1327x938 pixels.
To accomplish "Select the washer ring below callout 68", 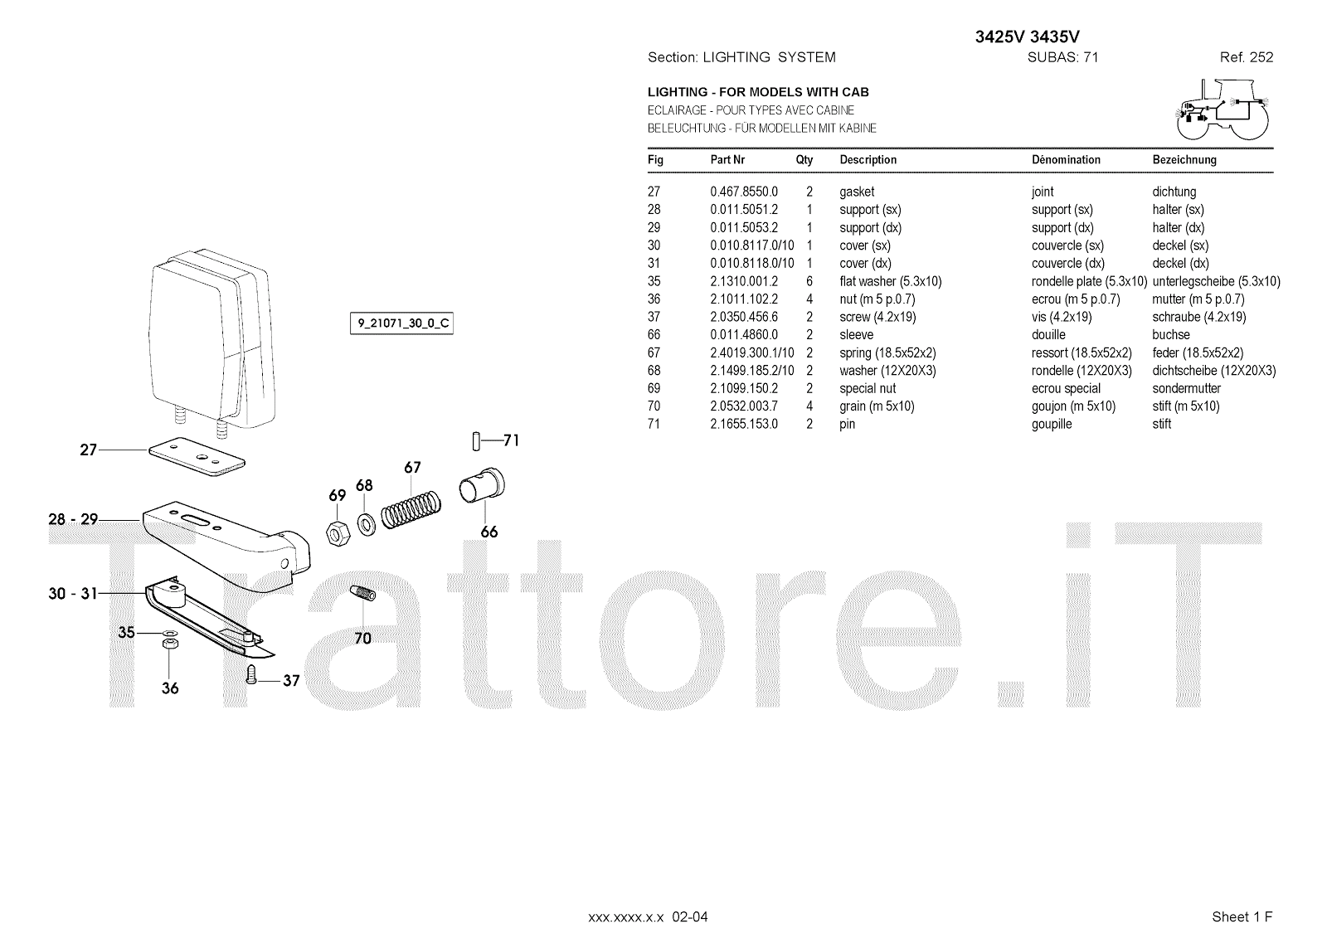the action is click(365, 522).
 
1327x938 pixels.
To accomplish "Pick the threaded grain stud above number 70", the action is click(362, 595).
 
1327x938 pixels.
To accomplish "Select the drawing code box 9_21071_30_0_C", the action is click(401, 323).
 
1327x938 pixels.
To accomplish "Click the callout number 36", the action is click(170, 688).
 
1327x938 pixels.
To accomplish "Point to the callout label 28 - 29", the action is click(73, 519).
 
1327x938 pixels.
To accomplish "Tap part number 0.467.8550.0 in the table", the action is click(744, 192).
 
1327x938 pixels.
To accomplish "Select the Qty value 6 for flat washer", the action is click(809, 281).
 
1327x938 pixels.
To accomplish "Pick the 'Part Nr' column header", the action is click(727, 159).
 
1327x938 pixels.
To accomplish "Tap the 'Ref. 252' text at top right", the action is click(1246, 57).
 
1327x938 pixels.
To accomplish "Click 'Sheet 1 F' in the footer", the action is click(1242, 916).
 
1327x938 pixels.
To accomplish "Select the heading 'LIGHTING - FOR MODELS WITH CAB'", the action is click(758, 92).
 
